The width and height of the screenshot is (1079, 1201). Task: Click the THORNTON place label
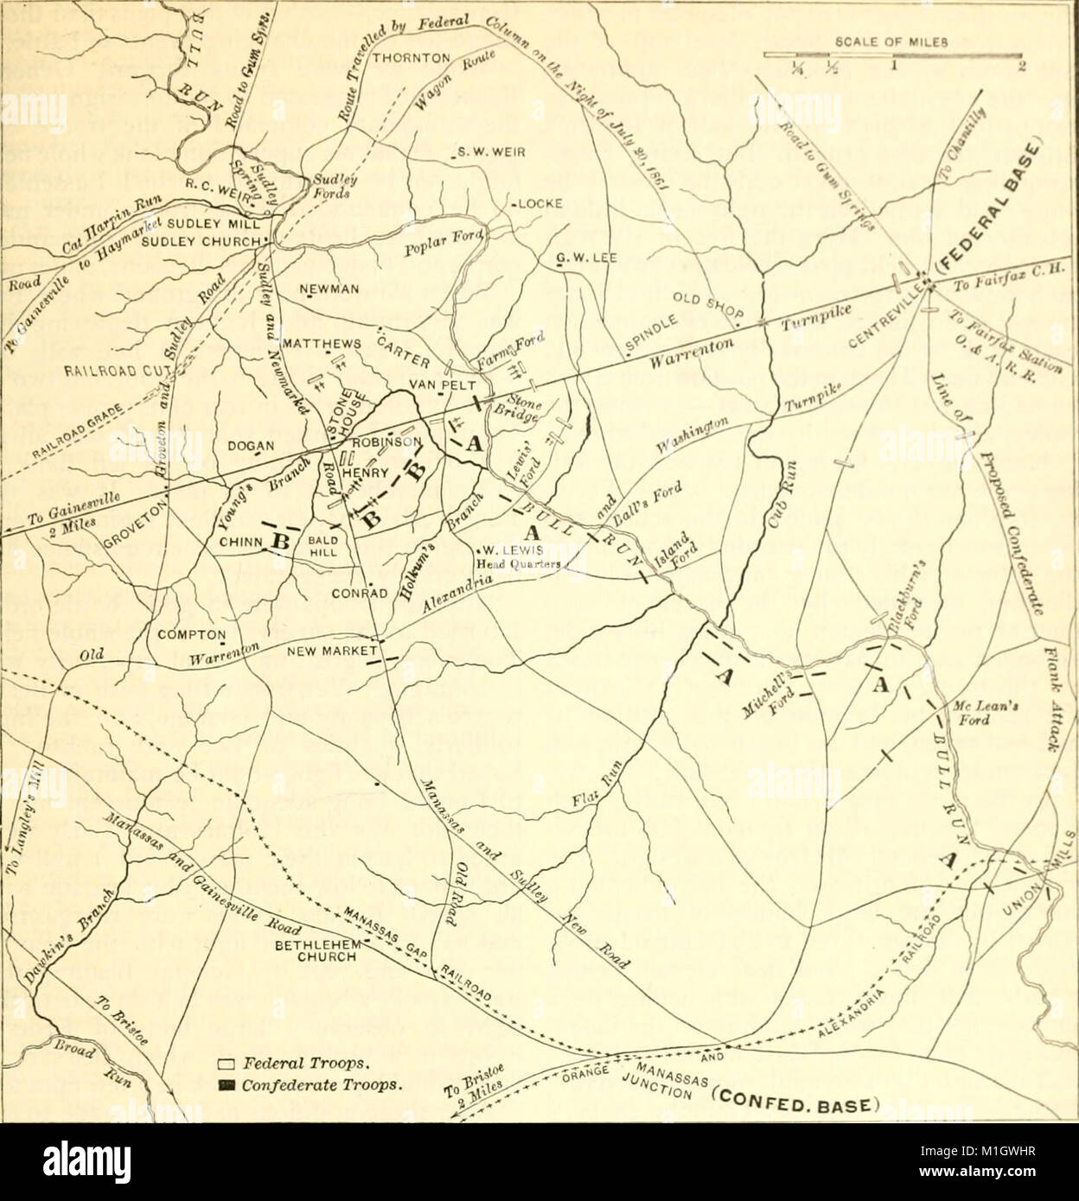click(412, 59)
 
